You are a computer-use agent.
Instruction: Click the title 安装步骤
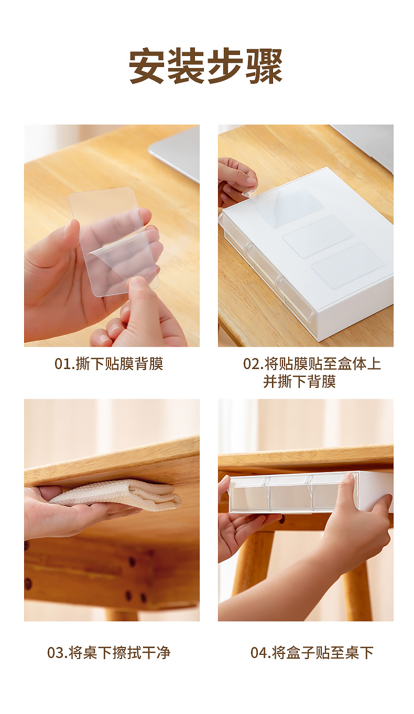point(206,66)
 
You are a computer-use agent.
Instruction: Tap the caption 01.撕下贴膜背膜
point(109,364)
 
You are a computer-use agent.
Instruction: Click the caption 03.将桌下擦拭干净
point(109,653)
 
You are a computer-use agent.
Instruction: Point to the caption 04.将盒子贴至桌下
point(312,653)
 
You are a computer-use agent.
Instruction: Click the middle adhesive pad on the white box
point(318,236)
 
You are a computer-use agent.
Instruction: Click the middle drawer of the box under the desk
point(290,495)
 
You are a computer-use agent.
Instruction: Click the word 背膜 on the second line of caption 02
point(321,382)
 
